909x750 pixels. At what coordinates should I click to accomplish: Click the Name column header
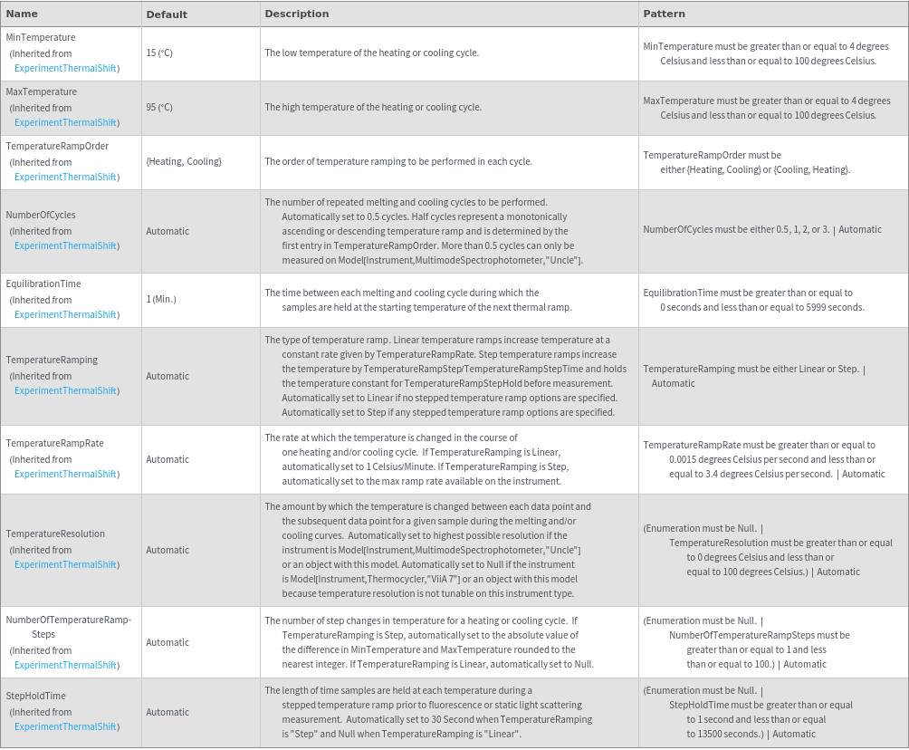(x=22, y=14)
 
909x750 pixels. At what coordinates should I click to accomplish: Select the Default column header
(x=167, y=14)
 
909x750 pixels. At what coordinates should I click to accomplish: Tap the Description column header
(x=296, y=14)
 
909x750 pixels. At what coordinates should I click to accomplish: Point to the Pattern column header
(x=664, y=14)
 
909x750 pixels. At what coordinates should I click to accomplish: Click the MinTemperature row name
(x=41, y=38)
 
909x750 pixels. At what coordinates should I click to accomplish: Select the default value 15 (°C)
(x=159, y=53)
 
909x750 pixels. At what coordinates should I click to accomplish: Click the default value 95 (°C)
(x=159, y=108)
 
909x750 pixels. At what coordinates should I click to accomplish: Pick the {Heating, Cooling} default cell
(x=184, y=162)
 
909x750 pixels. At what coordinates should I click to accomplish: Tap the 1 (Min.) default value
(x=161, y=300)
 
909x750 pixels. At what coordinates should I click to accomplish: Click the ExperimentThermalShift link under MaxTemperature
(x=65, y=123)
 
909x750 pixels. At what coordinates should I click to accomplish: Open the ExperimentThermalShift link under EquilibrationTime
(x=65, y=315)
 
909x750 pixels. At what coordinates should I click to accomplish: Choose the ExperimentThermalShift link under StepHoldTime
(x=65, y=727)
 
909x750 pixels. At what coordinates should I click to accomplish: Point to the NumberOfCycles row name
(x=41, y=216)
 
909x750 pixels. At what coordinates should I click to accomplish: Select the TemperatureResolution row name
(x=55, y=534)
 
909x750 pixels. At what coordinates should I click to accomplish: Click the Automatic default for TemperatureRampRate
(x=167, y=459)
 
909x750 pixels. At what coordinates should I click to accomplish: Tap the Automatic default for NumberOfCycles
(x=167, y=231)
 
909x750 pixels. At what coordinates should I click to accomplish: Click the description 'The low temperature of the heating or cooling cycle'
(x=371, y=53)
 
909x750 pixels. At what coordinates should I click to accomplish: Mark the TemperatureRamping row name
(x=52, y=361)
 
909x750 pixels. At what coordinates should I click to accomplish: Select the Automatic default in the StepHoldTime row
(x=167, y=712)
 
